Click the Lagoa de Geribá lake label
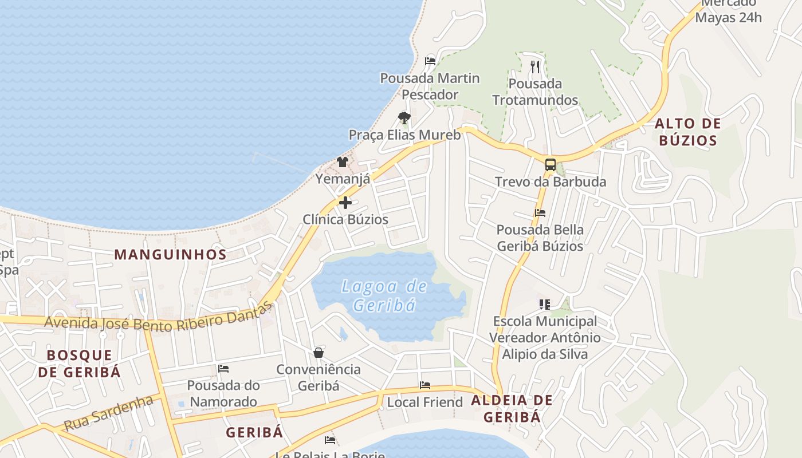[x=384, y=295]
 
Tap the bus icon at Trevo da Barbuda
[x=550, y=165]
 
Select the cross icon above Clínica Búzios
[x=345, y=202]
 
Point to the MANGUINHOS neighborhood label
[x=171, y=255]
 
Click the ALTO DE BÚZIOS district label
[x=687, y=132]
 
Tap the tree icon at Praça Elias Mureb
[x=404, y=118]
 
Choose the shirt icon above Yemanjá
[x=343, y=161]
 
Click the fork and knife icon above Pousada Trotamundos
[x=535, y=67]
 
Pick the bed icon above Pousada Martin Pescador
[x=430, y=61]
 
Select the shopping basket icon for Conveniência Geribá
[x=319, y=352]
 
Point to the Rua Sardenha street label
[x=108, y=413]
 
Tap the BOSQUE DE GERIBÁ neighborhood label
[x=80, y=364]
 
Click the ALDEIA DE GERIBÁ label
[x=512, y=409]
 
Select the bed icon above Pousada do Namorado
[x=223, y=369]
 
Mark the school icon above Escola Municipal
[x=544, y=304]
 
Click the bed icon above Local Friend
[x=424, y=385]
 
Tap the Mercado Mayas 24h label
[x=728, y=10]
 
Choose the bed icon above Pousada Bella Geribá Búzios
[x=540, y=213]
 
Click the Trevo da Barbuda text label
[x=550, y=182]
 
